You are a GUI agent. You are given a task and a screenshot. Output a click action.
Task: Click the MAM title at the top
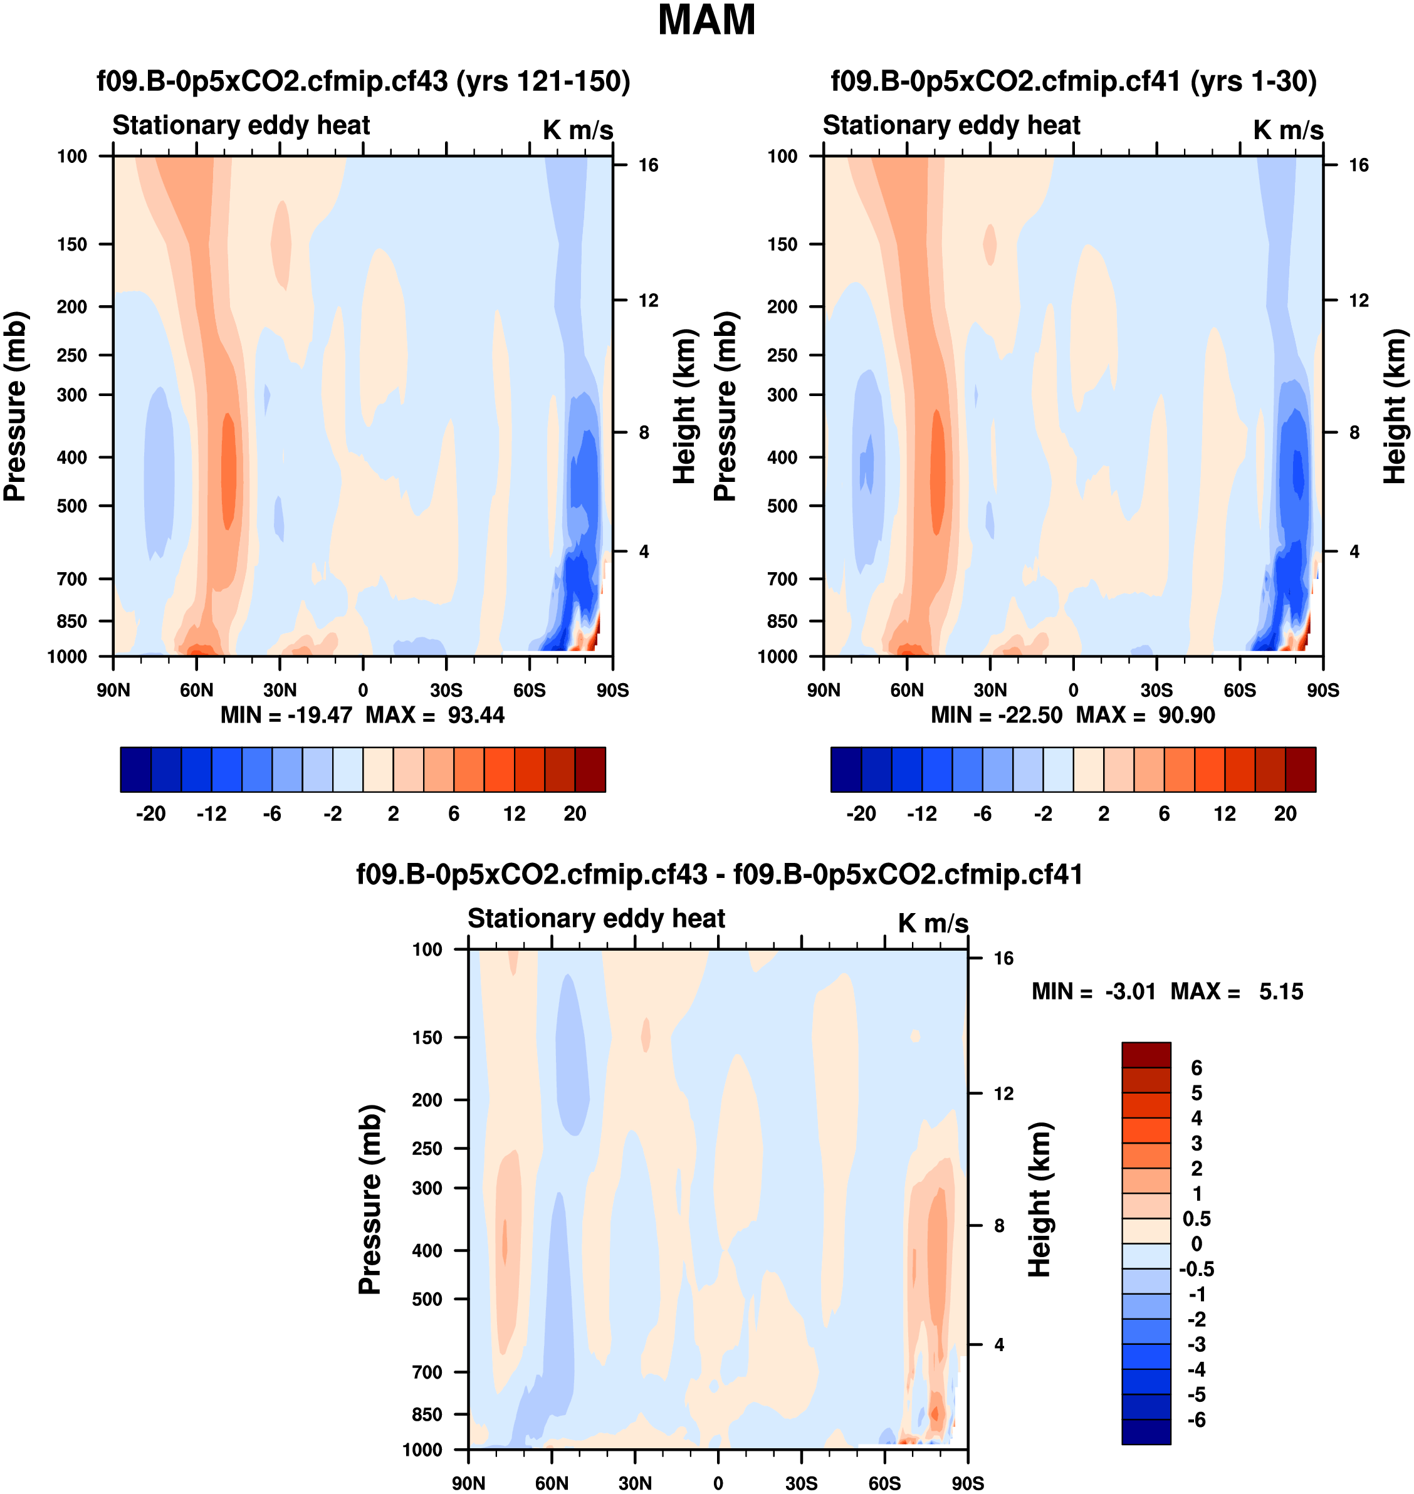(706, 20)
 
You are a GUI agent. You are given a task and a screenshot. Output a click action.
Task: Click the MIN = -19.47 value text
(286, 714)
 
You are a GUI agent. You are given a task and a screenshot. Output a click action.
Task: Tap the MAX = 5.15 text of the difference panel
(1236, 991)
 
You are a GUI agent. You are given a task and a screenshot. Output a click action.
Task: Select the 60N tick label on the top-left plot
(197, 691)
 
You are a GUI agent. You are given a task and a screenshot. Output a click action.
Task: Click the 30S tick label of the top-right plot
(1156, 691)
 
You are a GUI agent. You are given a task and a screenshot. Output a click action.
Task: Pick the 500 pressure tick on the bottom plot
(427, 1298)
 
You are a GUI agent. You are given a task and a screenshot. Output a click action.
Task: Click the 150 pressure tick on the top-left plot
(72, 244)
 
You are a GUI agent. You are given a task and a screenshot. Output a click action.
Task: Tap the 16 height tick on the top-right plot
(1358, 165)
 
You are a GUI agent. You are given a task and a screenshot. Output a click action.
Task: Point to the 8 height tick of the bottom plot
(998, 1226)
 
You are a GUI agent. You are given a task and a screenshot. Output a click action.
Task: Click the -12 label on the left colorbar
(212, 814)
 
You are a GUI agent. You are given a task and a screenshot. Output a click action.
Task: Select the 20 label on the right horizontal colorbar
(1285, 814)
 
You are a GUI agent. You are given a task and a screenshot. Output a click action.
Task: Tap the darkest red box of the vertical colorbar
(1146, 1055)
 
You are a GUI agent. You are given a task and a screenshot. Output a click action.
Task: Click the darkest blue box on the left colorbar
(135, 770)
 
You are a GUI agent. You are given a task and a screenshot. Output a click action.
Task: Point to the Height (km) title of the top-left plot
(684, 406)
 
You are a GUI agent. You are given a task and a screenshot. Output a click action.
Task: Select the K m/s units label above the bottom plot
(933, 923)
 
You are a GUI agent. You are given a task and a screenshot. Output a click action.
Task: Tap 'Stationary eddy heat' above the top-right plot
(951, 125)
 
